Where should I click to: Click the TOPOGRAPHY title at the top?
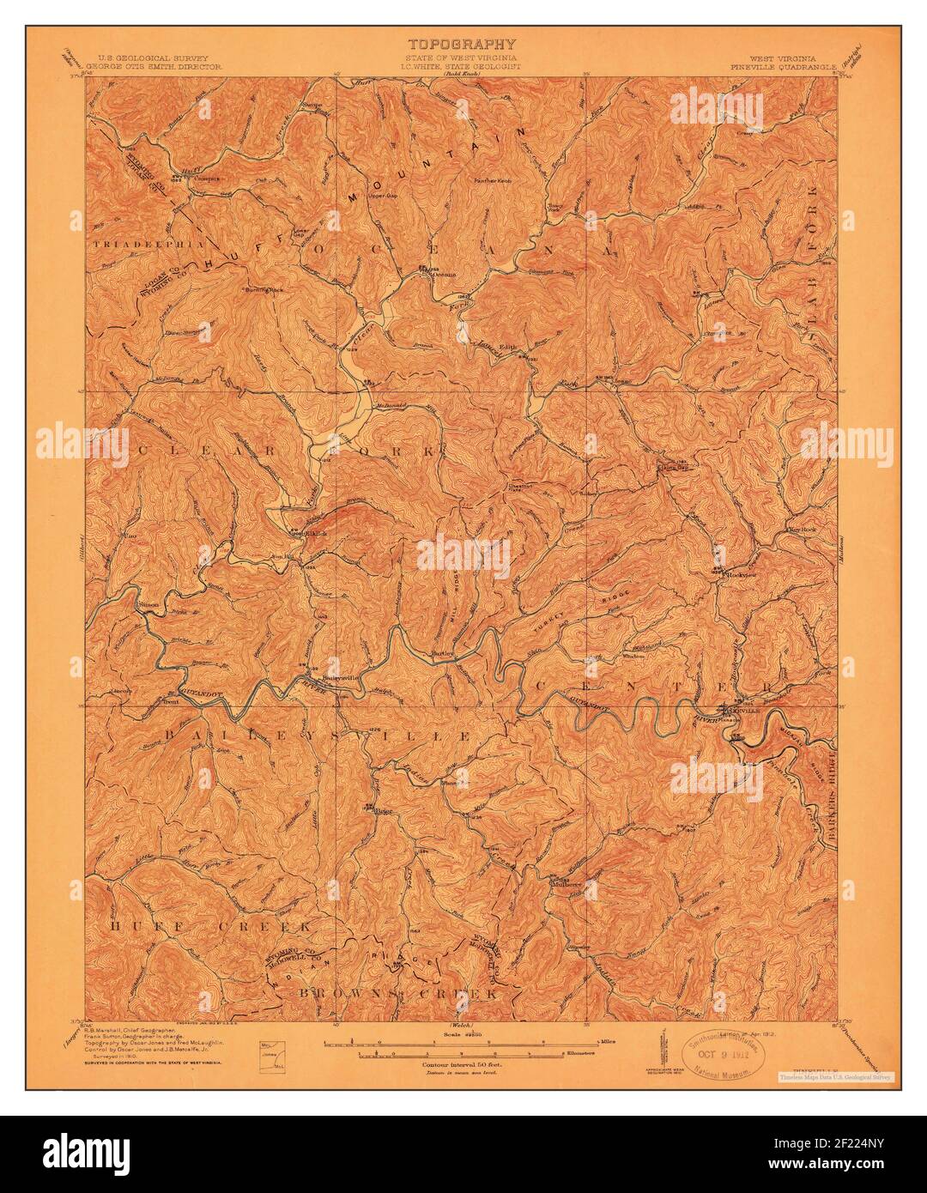point(462,44)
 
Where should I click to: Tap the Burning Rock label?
point(264,290)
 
